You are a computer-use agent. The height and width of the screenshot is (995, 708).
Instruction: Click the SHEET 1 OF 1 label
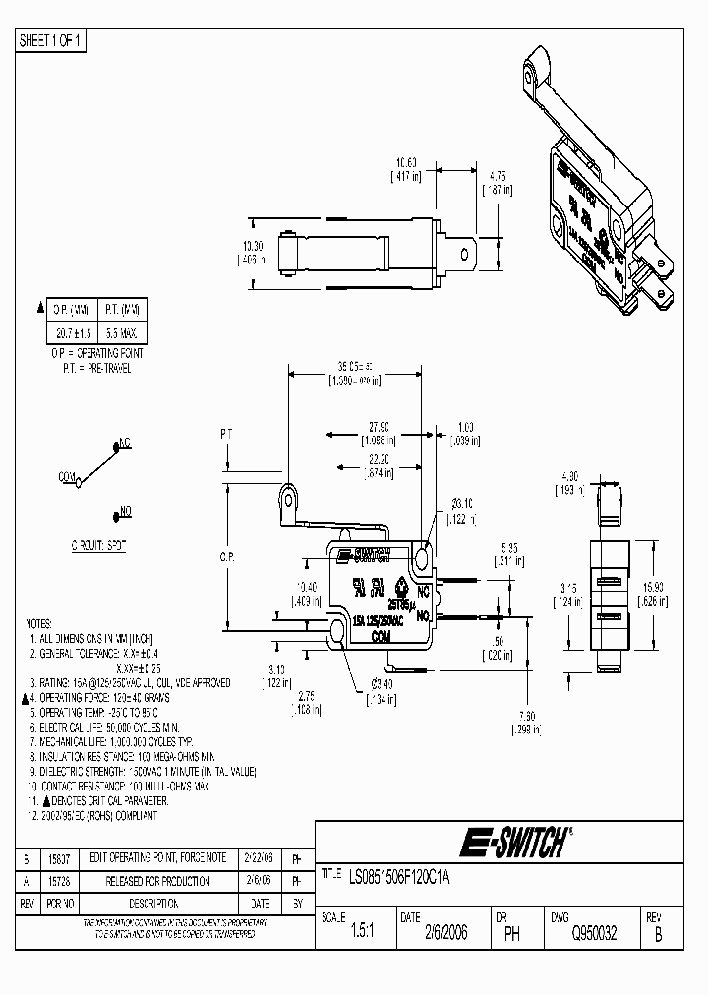52,40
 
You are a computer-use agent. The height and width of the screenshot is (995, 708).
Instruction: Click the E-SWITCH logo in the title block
512,843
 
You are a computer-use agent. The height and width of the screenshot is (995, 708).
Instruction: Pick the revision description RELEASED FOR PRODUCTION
160,881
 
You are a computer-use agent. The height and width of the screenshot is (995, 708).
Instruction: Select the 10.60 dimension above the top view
408,162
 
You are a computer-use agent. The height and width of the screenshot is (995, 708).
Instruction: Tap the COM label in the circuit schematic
67,476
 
